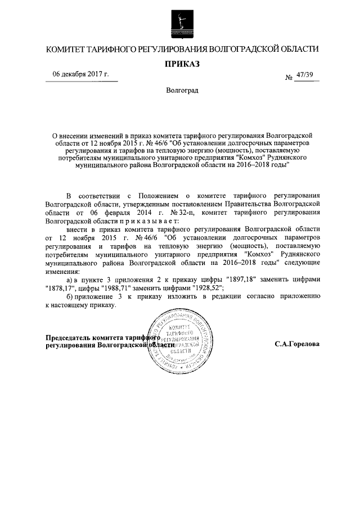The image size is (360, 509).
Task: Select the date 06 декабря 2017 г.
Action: (x=81, y=74)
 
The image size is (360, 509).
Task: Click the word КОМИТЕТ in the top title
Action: (x=69, y=50)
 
